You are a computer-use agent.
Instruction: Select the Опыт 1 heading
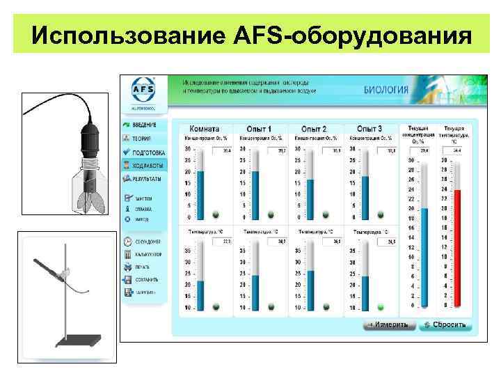259,130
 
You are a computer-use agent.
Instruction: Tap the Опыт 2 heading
314,130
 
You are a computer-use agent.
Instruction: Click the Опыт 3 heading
369,130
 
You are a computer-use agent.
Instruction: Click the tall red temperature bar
456,247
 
